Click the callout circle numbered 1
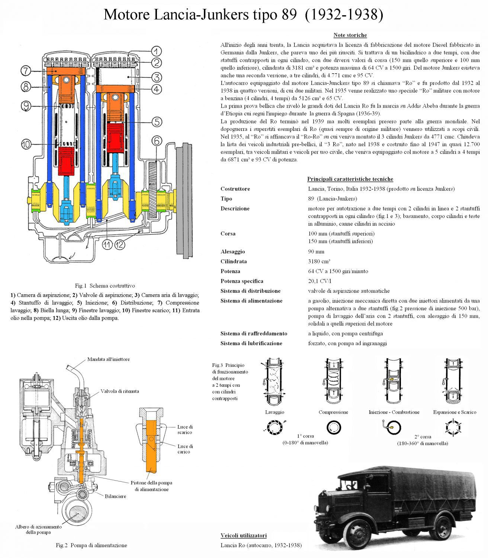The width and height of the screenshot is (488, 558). point(156,51)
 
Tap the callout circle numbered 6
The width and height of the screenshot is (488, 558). point(157,141)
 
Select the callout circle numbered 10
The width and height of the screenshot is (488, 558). point(26,144)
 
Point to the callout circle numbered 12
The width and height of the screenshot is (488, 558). point(119,244)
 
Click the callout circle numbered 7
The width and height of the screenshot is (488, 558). point(25,70)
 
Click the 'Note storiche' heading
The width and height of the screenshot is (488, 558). point(350,35)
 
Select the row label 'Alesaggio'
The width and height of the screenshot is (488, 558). point(232,252)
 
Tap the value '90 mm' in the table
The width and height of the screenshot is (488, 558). point(316,252)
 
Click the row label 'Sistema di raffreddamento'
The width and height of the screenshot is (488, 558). point(254,334)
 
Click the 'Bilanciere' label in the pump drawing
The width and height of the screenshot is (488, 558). point(115,496)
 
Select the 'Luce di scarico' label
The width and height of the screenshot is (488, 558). point(185,430)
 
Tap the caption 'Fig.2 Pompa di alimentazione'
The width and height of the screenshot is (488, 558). point(91,545)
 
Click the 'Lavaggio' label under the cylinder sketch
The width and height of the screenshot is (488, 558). point(274,412)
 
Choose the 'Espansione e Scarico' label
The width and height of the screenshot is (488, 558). point(455,412)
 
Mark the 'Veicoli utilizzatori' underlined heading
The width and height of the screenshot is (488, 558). point(243,536)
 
